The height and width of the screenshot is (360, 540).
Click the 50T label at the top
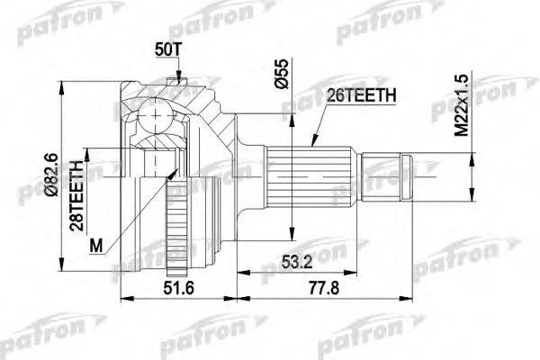pyautogui.click(x=167, y=50)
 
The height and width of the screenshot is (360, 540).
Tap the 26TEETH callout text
pyautogui.click(x=361, y=95)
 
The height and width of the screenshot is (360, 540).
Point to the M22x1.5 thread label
pyautogui.click(x=462, y=105)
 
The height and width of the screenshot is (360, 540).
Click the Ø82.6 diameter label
pyautogui.click(x=52, y=175)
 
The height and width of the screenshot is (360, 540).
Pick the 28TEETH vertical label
pyautogui.click(x=76, y=195)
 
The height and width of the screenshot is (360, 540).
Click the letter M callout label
pyautogui.click(x=96, y=246)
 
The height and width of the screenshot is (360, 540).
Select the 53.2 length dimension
pyautogui.click(x=297, y=262)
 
